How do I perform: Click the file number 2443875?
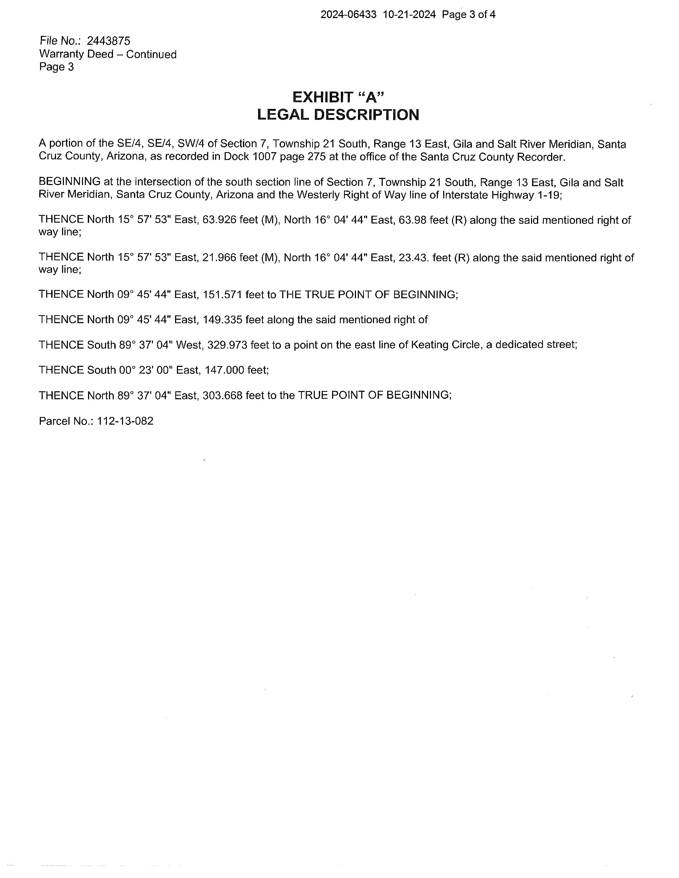point(108,41)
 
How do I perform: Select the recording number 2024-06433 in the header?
point(348,15)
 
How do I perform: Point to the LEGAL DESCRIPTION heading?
point(338,115)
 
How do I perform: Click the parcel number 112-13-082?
point(125,421)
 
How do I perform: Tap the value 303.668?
point(223,395)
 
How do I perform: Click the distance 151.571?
point(223,295)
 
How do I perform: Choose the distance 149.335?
point(223,320)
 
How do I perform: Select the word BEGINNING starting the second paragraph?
point(69,182)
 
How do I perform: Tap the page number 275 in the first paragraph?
point(316,157)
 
